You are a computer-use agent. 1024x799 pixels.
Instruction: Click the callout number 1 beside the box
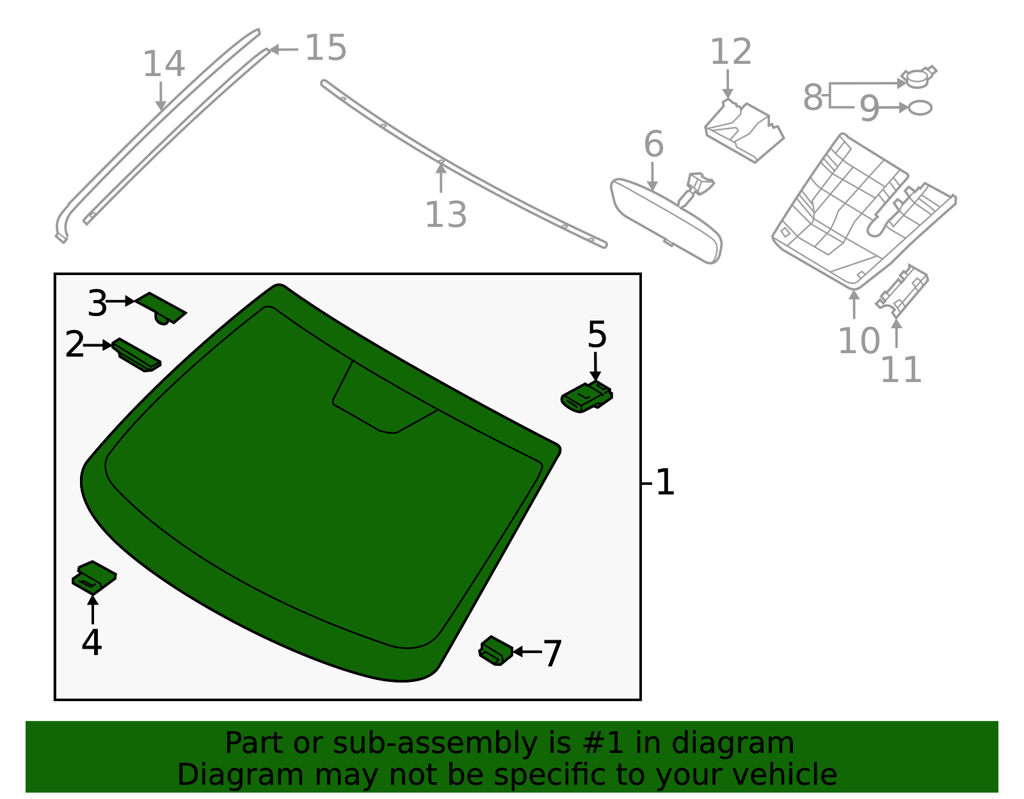(x=666, y=482)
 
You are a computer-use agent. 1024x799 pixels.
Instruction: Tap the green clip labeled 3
(x=161, y=308)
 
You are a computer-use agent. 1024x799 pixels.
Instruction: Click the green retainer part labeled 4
(x=94, y=577)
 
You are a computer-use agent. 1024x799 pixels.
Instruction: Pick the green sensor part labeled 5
(x=586, y=397)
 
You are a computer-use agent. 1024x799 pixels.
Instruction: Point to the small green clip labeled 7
(x=495, y=651)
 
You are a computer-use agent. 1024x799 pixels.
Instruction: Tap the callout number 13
(x=445, y=214)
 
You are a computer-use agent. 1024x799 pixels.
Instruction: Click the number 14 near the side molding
(x=163, y=64)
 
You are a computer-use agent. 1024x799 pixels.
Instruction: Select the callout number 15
(x=326, y=48)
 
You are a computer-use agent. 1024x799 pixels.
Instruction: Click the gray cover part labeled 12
(x=744, y=131)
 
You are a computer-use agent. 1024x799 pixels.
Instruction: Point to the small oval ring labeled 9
(x=920, y=107)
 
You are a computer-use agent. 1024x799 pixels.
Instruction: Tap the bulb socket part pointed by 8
(x=918, y=78)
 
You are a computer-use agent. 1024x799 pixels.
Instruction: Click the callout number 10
(x=859, y=340)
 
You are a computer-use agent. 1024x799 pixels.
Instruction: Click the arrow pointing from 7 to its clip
(x=527, y=652)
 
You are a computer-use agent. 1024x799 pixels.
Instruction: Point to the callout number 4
(x=92, y=642)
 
